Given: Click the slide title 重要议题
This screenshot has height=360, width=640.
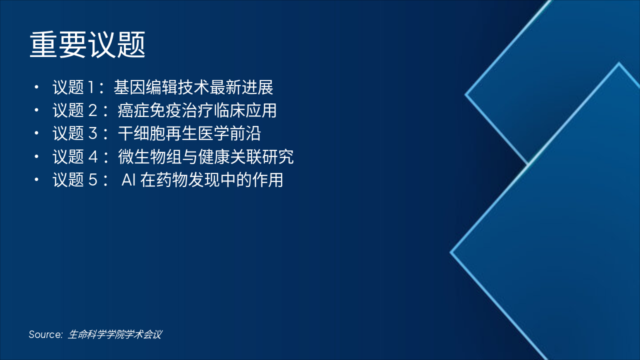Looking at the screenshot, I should click(x=87, y=45).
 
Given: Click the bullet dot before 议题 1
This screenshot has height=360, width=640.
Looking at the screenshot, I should click(x=36, y=88).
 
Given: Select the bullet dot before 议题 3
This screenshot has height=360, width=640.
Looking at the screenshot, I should click(x=36, y=134).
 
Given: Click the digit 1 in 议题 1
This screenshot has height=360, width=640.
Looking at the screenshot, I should click(x=91, y=88).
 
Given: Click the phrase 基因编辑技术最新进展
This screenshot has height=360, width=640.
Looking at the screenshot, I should click(x=193, y=88).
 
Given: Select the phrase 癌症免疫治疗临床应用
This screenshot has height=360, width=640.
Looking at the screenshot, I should click(x=197, y=111).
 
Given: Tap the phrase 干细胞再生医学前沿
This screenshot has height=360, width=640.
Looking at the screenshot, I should click(x=189, y=134).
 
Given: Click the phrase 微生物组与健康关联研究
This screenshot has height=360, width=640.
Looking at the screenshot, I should click(x=205, y=157).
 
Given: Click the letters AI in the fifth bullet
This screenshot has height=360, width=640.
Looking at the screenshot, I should click(x=129, y=180).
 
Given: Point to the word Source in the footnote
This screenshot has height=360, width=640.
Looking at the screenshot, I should click(x=45, y=334).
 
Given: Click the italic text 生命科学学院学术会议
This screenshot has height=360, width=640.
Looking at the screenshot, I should click(x=114, y=334).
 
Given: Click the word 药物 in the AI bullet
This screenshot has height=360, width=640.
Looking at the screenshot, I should click(x=172, y=180).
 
